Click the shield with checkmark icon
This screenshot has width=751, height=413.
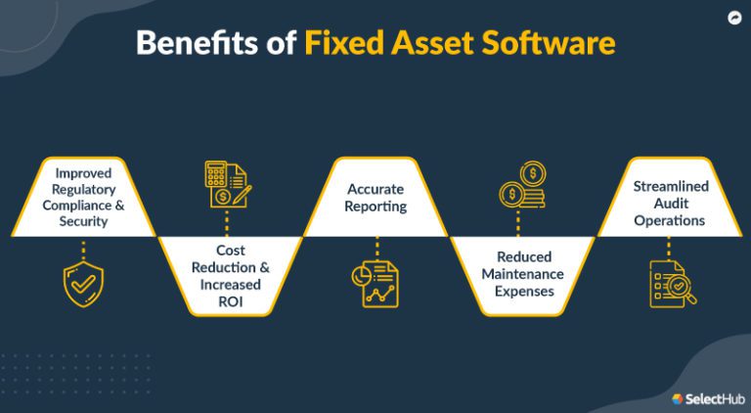tap(81, 284)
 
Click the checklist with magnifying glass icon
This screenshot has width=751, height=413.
tap(672, 283)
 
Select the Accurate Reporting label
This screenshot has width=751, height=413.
tap(376, 197)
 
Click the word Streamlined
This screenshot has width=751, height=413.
tap(670, 186)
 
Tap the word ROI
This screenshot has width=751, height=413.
tap(230, 301)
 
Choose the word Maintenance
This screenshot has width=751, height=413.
tap(522, 275)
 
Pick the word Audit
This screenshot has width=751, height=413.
tap(670, 204)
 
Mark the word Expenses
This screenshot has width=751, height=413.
tap(523, 292)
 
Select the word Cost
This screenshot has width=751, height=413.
tap(230, 251)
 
